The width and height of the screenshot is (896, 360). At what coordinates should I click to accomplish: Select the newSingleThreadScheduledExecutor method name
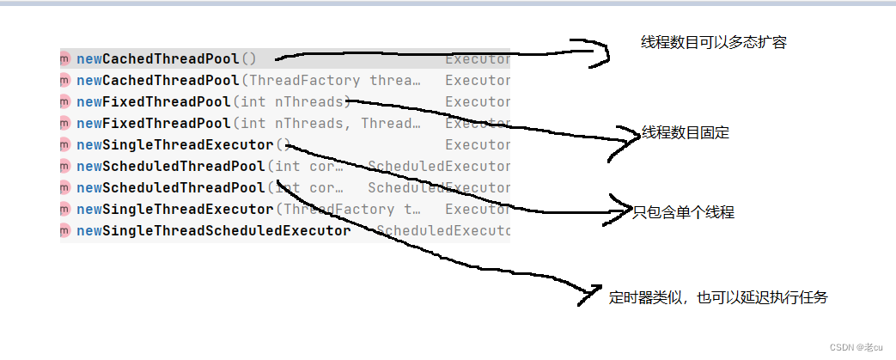(214, 231)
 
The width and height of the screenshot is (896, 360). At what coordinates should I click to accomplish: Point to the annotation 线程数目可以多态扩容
(713, 43)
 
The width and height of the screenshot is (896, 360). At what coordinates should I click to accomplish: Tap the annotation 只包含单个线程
(683, 212)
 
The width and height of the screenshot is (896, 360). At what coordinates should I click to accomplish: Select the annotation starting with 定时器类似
(718, 297)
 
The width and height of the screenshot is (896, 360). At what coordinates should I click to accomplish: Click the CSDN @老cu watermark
(860, 346)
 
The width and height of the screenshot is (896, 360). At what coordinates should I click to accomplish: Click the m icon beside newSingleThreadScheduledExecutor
(65, 231)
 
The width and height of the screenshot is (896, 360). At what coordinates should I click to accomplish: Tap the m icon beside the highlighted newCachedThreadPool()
(65, 59)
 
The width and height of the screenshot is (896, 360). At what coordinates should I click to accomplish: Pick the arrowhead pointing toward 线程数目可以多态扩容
(601, 54)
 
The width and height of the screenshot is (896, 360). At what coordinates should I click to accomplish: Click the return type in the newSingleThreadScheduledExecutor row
(442, 231)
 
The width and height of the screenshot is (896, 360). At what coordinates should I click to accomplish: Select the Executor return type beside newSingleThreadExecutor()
(477, 145)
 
